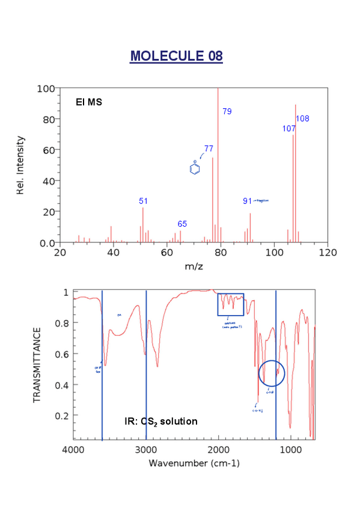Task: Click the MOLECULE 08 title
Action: tap(176, 56)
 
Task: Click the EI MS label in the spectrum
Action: tap(88, 102)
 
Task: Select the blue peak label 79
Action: tap(227, 111)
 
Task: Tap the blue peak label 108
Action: tap(302, 118)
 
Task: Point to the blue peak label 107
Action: tap(288, 129)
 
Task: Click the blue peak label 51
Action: tap(143, 201)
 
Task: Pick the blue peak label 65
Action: tap(182, 224)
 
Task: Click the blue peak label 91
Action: tap(247, 201)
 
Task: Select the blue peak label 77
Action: tap(209, 148)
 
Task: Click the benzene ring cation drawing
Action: tap(194, 168)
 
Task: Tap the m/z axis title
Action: tap(194, 266)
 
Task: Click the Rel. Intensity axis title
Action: tap(21, 165)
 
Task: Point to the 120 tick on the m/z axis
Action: tap(327, 253)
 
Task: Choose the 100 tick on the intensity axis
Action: tap(46, 88)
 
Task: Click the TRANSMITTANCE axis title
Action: tap(37, 365)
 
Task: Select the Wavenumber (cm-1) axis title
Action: tap(194, 464)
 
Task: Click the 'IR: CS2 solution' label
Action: tap(160, 422)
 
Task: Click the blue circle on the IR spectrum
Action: tap(271, 373)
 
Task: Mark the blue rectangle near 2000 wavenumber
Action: tap(230, 304)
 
